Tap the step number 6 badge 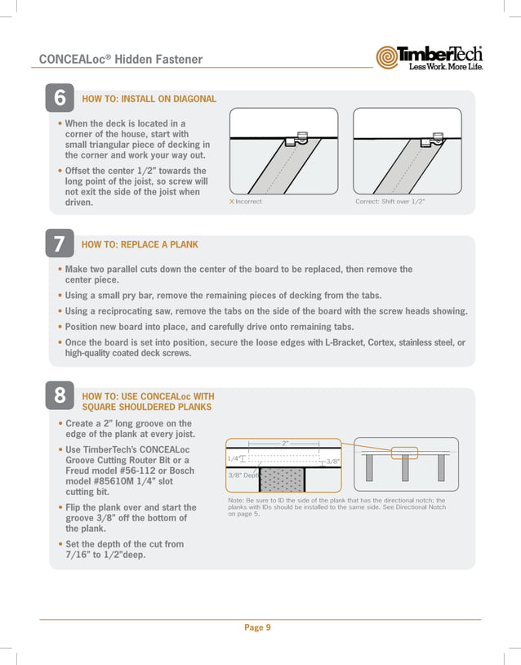[x=60, y=99]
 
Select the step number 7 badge [x=60, y=244]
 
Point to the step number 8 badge [x=60, y=396]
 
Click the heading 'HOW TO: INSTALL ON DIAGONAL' [x=149, y=99]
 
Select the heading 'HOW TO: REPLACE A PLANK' [x=140, y=244]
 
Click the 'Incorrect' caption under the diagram [x=248, y=201]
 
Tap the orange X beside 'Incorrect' [x=231, y=201]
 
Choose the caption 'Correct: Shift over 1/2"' [x=390, y=201]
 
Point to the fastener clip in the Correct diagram [x=425, y=141]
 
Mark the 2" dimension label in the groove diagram [x=285, y=442]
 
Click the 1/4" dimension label [x=234, y=459]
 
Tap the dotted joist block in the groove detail [x=282, y=480]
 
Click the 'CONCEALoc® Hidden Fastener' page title [x=121, y=59]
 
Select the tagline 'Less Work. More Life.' [x=445, y=66]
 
